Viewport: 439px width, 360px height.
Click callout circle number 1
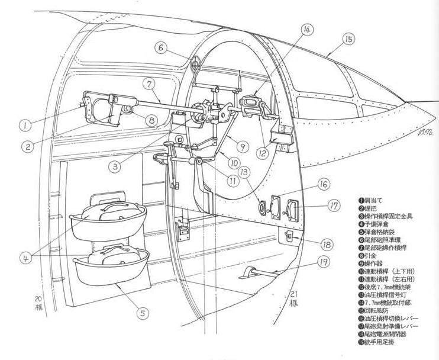pyautogui.click(x=24, y=125)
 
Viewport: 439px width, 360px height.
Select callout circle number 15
pyautogui.click(x=348, y=39)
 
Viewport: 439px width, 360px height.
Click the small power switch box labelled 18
pyautogui.click(x=289, y=236)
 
